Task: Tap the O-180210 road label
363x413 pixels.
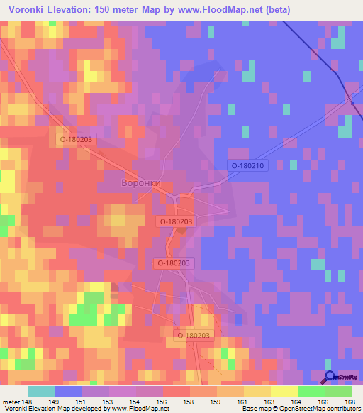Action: click(x=246, y=165)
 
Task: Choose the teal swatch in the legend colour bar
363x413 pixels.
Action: click(x=42, y=391)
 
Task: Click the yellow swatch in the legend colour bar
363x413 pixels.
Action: click(x=284, y=391)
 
